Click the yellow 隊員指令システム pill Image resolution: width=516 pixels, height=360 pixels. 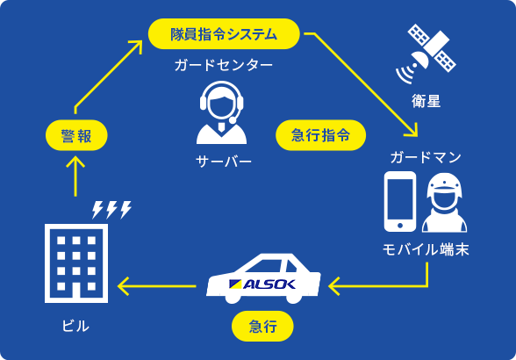click(x=224, y=34)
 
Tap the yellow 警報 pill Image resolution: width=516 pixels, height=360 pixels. click(x=75, y=136)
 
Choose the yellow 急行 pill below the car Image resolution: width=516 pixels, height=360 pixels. click(x=262, y=327)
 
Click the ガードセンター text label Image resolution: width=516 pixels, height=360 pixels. click(x=223, y=66)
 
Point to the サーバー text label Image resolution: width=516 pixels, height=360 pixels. click(x=223, y=162)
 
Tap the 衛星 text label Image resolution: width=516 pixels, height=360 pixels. click(x=426, y=101)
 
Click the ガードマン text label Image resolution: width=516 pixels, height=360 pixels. click(x=426, y=157)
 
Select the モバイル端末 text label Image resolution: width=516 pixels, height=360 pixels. click(x=426, y=249)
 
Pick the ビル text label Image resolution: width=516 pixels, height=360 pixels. click(x=75, y=326)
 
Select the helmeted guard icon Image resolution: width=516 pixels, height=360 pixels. click(x=444, y=203)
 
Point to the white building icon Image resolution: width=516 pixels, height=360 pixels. click(x=75, y=263)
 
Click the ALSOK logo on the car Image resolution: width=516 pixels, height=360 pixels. click(x=262, y=284)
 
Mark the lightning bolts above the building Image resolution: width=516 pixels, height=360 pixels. click(x=111, y=209)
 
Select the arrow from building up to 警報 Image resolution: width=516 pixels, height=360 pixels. click(x=75, y=176)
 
